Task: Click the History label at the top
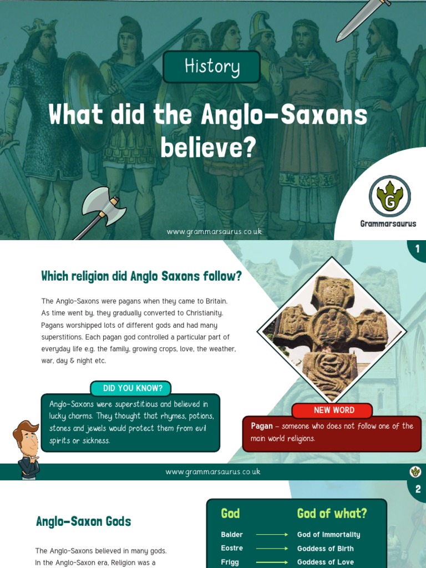212,67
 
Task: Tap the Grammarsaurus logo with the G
389,196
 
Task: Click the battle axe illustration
102,209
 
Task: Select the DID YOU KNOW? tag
130,388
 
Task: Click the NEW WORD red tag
334,410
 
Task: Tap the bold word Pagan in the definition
262,426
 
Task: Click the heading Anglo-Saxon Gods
83,521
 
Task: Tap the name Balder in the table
232,535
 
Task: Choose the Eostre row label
232,549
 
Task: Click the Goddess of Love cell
326,562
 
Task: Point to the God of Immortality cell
328,535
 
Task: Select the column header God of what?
332,514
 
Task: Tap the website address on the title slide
214,231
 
